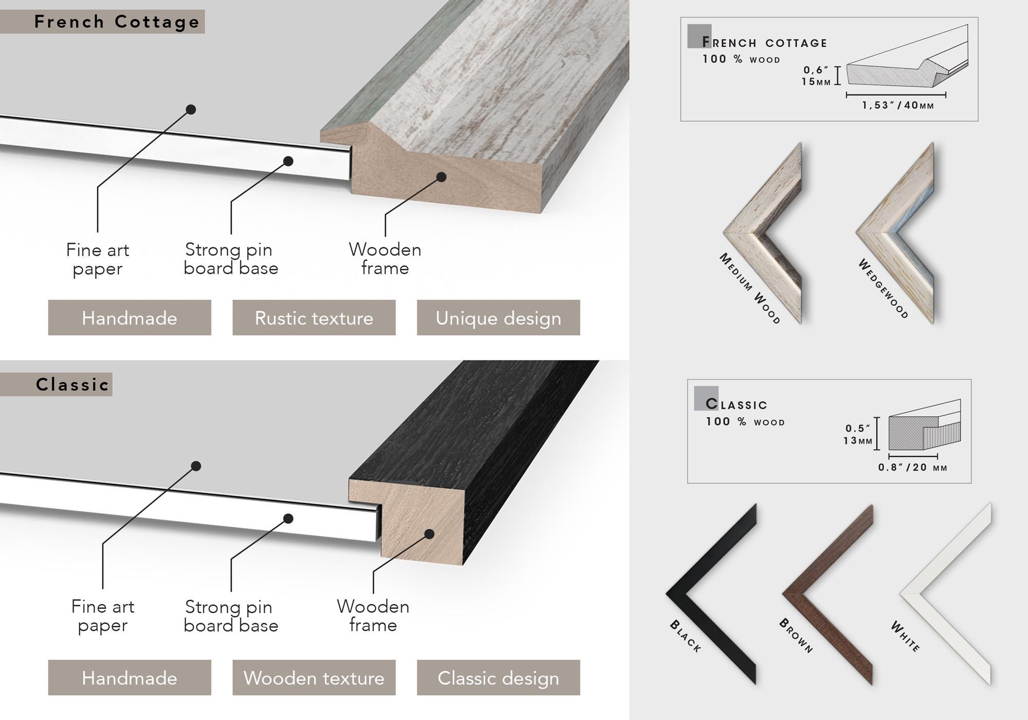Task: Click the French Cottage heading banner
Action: point(102,22)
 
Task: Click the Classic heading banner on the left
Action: point(56,384)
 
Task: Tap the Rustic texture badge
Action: point(314,318)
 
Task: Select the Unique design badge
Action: point(499,318)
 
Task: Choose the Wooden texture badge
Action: point(314,678)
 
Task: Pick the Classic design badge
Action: point(499,678)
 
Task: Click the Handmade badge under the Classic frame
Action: point(130,678)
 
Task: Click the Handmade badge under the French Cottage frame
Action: point(130,318)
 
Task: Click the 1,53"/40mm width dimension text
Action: point(898,105)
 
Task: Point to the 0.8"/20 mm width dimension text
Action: point(912,467)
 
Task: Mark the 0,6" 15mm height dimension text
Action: point(816,76)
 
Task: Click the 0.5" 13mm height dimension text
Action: point(858,435)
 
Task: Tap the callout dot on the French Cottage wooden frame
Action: point(442,177)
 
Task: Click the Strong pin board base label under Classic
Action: point(231,616)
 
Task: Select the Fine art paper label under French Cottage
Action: point(98,259)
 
